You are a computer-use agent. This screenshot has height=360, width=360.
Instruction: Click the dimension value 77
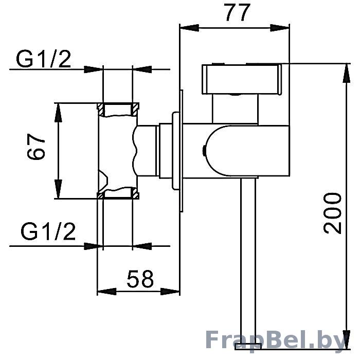point(238,12)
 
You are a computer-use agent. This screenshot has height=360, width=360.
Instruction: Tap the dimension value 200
point(332,213)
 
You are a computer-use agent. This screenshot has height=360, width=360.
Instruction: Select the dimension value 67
point(36,147)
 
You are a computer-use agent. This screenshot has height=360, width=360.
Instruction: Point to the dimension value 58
point(140,279)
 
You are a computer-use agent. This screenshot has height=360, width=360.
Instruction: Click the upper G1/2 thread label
point(43,59)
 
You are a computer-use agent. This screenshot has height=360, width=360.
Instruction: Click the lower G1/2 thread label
point(48,231)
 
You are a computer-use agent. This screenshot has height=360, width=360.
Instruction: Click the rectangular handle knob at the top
point(242,79)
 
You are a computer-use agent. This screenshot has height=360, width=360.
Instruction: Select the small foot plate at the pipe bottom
point(248,346)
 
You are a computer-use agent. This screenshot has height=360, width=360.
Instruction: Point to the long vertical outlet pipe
point(248,260)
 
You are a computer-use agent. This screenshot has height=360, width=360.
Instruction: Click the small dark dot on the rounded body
point(204,151)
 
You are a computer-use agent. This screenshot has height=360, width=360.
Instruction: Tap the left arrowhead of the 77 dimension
point(190,28)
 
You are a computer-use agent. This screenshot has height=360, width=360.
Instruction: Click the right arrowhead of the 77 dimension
point(279,28)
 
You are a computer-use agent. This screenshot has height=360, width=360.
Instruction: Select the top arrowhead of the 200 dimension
point(347,73)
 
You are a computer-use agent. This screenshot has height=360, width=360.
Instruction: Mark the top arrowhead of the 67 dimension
point(58,113)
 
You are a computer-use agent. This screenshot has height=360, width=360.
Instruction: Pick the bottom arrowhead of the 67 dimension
point(58,189)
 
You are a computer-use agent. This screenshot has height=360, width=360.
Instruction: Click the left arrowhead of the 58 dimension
point(107,292)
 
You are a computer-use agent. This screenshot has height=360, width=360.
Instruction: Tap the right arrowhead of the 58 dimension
point(170,292)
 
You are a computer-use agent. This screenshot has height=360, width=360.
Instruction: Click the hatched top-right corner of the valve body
point(135,109)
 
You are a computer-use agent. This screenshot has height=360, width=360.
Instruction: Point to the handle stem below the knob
point(236,109)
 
